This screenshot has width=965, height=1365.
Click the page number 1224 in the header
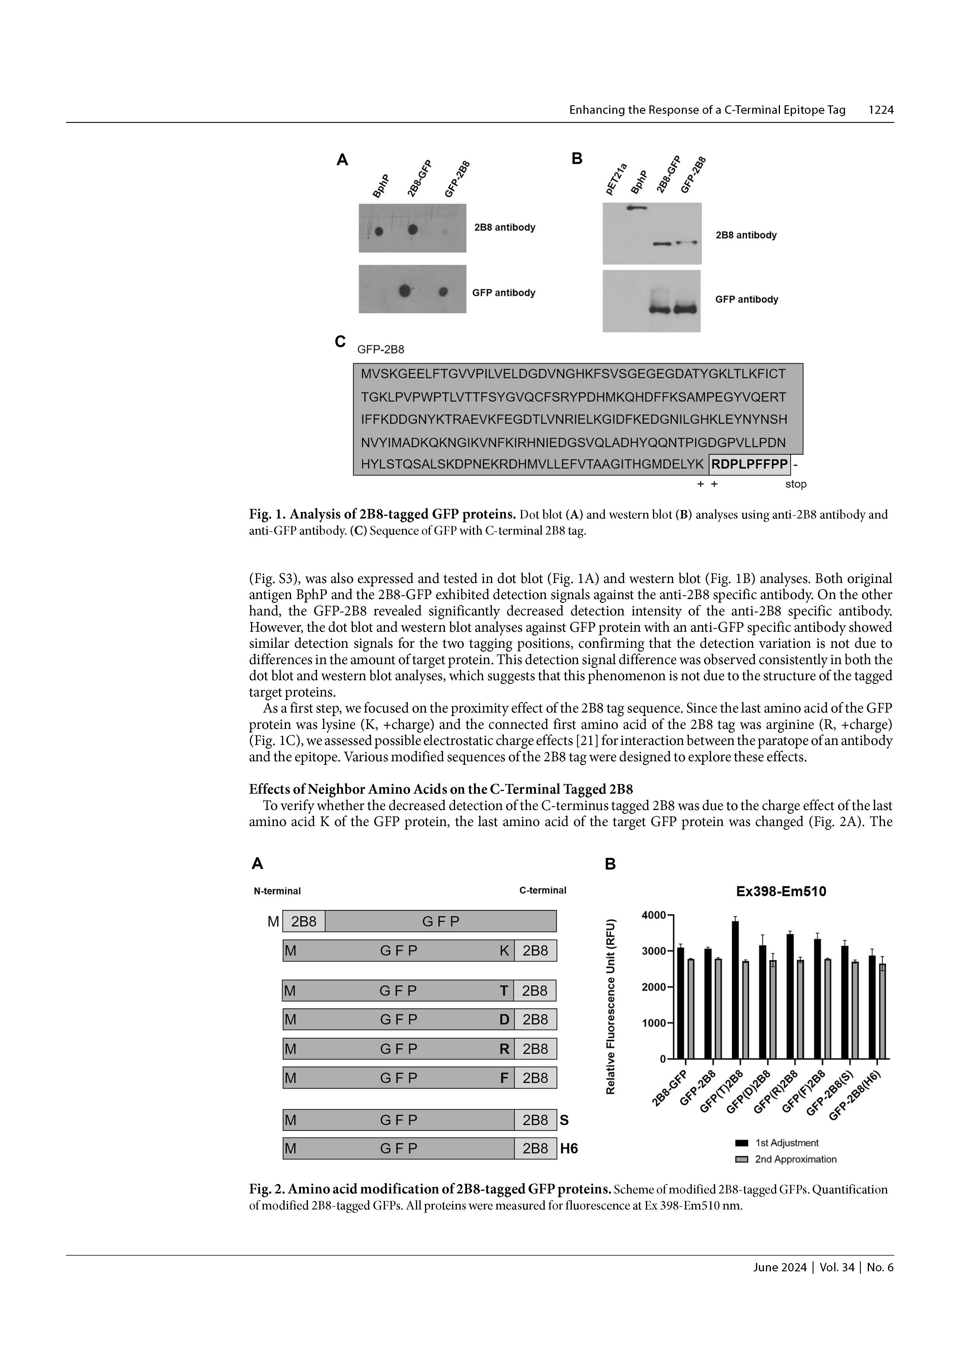(x=881, y=110)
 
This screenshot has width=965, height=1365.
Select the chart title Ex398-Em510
(x=781, y=892)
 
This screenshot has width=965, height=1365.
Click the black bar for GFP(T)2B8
(x=736, y=990)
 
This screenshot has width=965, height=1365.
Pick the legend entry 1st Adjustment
(x=786, y=1143)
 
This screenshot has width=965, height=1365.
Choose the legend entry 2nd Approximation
(x=795, y=1159)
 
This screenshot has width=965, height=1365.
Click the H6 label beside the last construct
(x=569, y=1148)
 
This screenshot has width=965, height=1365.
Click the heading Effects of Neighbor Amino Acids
(x=440, y=790)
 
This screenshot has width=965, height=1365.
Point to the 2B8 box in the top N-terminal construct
(x=304, y=921)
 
